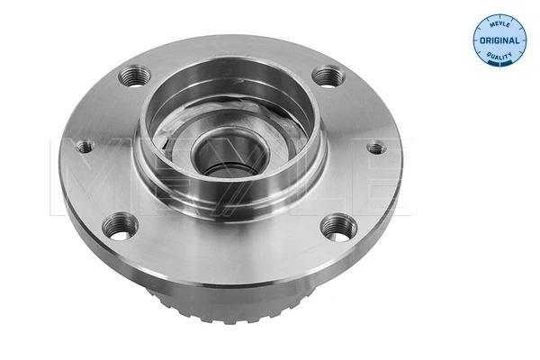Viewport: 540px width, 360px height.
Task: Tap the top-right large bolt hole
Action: click(327, 78)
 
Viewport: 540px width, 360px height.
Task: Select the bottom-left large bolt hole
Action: click(121, 225)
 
